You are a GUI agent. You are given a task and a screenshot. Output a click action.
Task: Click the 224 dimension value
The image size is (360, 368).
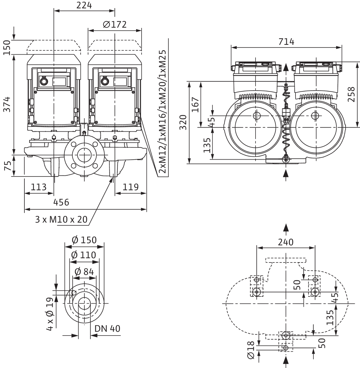pyautogui.click(x=84, y=5)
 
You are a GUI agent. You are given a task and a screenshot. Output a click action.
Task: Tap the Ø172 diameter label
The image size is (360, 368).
pyautogui.click(x=115, y=25)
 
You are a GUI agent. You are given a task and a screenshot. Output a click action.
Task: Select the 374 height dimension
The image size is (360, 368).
pyautogui.click(x=7, y=104)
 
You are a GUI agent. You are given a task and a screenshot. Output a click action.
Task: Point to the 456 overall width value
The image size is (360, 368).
pyautogui.click(x=61, y=202)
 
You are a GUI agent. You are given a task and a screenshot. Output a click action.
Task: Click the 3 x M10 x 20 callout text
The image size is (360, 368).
pyautogui.click(x=61, y=220)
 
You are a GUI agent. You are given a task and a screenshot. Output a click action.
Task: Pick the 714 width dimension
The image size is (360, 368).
pyautogui.click(x=286, y=42)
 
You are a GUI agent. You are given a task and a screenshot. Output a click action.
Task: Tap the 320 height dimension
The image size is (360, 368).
pyautogui.click(x=183, y=122)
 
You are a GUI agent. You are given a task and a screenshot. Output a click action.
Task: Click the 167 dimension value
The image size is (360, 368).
pyautogui.click(x=195, y=105)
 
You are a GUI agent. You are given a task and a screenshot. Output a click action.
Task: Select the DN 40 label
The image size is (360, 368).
pyautogui.click(x=107, y=329)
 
